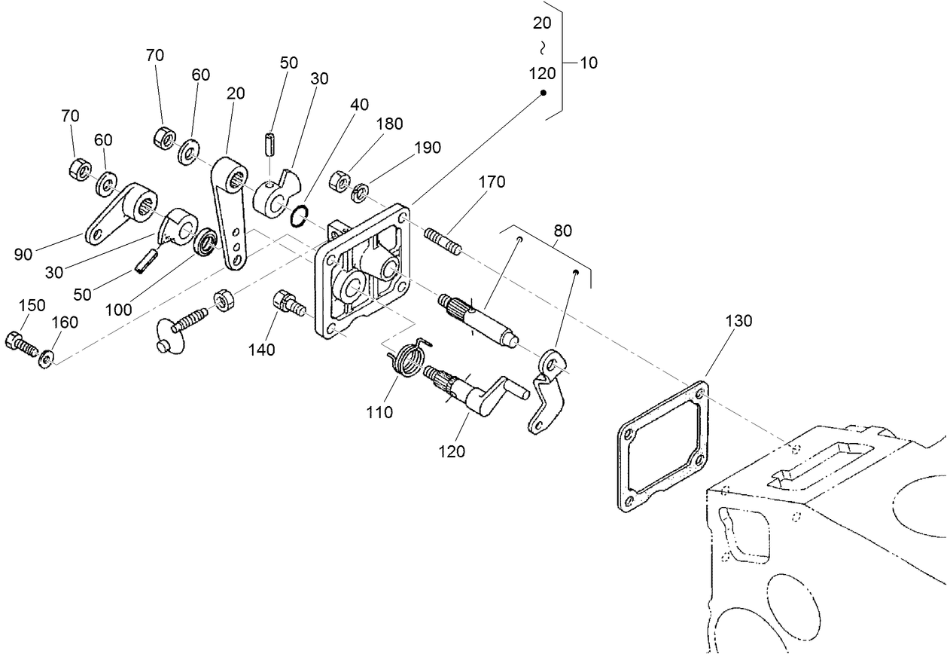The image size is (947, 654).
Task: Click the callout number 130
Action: [x=738, y=321]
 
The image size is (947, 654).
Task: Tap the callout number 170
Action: [x=491, y=182]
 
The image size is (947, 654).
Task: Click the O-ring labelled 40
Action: [x=298, y=215]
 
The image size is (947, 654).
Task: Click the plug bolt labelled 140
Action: [x=286, y=305]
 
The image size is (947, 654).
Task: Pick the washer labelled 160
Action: [x=47, y=357]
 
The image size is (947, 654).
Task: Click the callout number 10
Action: [x=589, y=63]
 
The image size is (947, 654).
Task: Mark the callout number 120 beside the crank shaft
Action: [x=452, y=451]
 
